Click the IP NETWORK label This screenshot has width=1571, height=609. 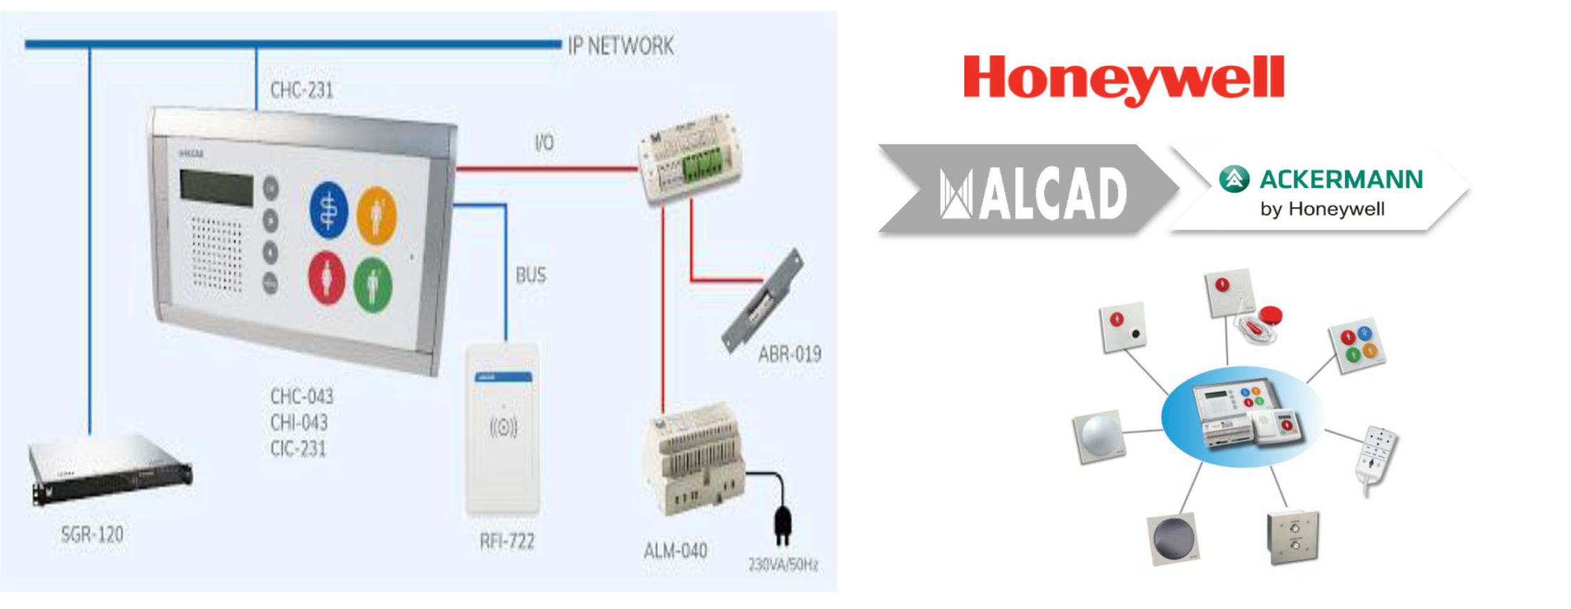tap(620, 46)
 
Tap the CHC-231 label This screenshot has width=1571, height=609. tap(301, 90)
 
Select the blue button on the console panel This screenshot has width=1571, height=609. tap(328, 210)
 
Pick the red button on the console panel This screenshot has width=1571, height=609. tap(326, 277)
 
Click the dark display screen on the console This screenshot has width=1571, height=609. tap(216, 187)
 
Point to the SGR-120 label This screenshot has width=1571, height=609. tap(92, 534)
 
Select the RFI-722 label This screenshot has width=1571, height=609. tap(507, 542)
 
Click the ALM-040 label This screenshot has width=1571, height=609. tap(675, 550)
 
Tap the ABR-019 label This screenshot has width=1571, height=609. tap(789, 353)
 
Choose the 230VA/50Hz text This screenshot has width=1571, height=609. tap(783, 565)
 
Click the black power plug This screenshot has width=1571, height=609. tap(783, 521)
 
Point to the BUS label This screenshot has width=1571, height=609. tap(531, 275)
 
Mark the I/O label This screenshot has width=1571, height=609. tap(544, 143)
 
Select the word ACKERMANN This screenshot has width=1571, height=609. tap(1341, 179)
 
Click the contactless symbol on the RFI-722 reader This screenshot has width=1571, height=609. tap(503, 427)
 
